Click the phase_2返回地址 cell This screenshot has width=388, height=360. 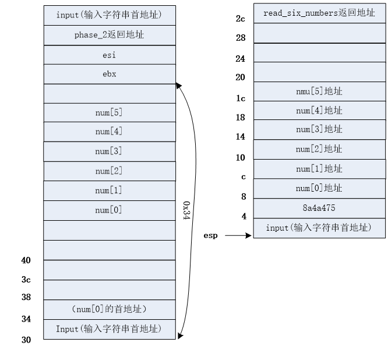[x=109, y=35]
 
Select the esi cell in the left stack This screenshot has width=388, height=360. [x=109, y=55]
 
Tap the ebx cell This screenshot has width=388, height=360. [x=109, y=74]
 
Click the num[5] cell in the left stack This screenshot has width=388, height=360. [x=109, y=112]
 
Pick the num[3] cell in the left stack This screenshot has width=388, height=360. [x=109, y=151]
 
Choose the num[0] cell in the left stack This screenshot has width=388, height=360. [x=109, y=210]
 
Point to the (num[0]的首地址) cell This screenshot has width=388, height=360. [x=109, y=309]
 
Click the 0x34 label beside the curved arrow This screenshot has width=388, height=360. [x=186, y=211]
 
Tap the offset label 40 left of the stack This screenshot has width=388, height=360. [x=26, y=260]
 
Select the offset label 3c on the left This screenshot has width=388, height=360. [x=26, y=280]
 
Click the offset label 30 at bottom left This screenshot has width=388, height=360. [x=26, y=340]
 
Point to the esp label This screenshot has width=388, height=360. [x=210, y=236]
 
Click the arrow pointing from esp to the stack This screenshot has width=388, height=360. [x=238, y=236]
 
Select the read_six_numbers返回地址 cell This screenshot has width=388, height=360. [x=319, y=13]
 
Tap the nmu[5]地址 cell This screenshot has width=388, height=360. [x=319, y=91]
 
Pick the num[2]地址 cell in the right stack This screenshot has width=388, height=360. [x=319, y=149]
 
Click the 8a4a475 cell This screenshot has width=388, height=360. [x=319, y=208]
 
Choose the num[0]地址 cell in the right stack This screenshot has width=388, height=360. [x=319, y=188]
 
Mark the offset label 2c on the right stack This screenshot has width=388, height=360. [x=241, y=19]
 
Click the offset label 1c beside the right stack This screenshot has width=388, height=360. [x=241, y=98]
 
